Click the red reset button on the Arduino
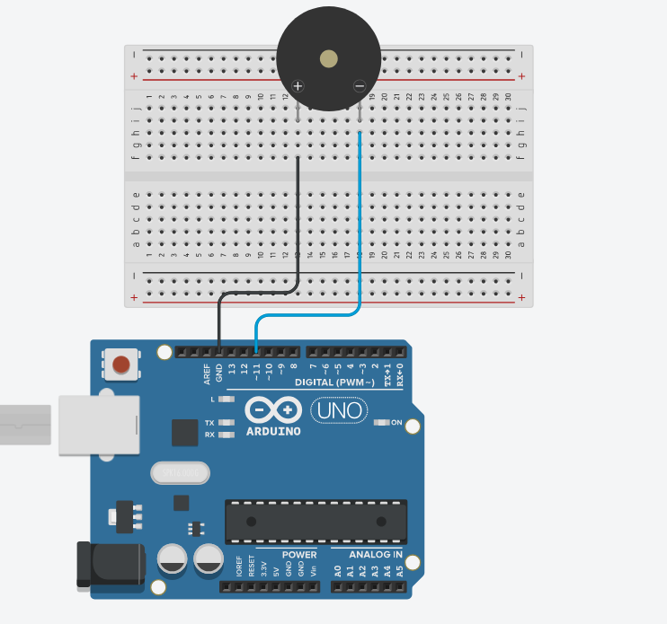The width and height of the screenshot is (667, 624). [x=120, y=365]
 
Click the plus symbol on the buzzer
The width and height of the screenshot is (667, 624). [x=298, y=86]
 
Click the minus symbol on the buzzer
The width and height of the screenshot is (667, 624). [x=360, y=86]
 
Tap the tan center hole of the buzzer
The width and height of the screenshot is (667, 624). [x=329, y=59]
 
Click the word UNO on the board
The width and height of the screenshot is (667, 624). [x=340, y=411]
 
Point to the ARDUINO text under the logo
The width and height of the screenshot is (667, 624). [x=273, y=431]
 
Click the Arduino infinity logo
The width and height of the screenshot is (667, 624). [x=273, y=410]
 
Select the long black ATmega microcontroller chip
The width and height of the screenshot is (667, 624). [x=314, y=522]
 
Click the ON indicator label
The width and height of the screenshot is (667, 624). [x=396, y=423]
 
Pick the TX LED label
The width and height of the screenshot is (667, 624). [x=209, y=422]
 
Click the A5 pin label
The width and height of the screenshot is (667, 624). [x=400, y=570]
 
